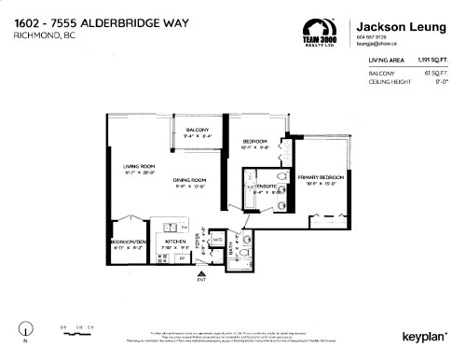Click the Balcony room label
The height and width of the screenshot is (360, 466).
[x=196, y=130]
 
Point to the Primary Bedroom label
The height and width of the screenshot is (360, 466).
[x=321, y=176]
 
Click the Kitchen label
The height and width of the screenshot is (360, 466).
[x=176, y=241]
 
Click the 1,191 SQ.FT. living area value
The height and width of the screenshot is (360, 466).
[x=433, y=60]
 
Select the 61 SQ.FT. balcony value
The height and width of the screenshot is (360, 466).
[x=437, y=72]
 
